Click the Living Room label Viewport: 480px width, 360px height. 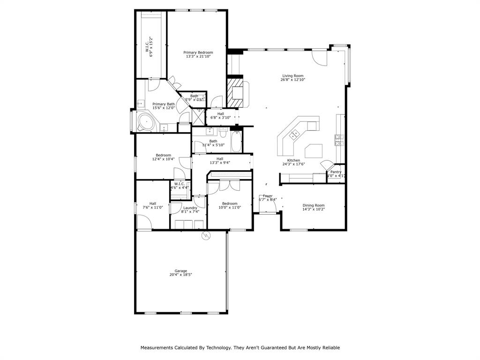(292, 75)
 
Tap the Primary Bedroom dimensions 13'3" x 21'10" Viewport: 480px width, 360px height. (198, 57)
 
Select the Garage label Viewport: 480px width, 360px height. (181, 270)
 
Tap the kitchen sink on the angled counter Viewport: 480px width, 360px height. (295, 135)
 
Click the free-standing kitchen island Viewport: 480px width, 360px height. (314, 151)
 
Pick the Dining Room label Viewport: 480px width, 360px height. (313, 205)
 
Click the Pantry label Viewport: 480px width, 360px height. (336, 172)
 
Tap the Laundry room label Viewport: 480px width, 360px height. (190, 208)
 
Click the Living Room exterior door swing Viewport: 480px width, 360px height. (320, 57)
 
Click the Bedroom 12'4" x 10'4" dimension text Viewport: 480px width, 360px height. (163, 159)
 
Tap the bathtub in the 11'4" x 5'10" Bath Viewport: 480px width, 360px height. (236, 142)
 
